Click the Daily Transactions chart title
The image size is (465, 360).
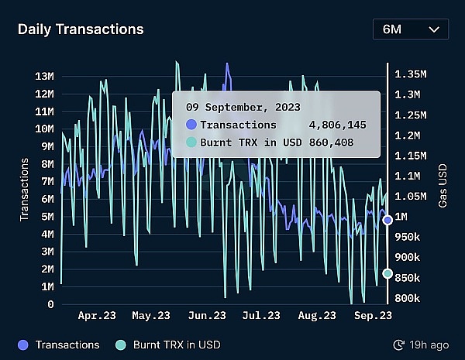[81, 29]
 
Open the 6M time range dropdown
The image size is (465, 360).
[410, 29]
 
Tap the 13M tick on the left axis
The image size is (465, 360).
[44, 76]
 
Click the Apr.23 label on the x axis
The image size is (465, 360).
[98, 316]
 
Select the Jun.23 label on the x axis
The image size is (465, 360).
[207, 316]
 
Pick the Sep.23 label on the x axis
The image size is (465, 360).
[373, 316]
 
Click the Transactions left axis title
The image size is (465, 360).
[25, 190]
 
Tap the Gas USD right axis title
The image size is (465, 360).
[443, 190]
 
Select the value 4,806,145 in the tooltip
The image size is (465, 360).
[337, 125]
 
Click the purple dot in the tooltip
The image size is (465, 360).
[191, 125]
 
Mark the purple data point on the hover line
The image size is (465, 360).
[387, 220]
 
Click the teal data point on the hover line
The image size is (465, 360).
[387, 273]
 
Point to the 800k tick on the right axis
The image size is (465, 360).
[408, 298]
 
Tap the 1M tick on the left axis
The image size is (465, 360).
[46, 286]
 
